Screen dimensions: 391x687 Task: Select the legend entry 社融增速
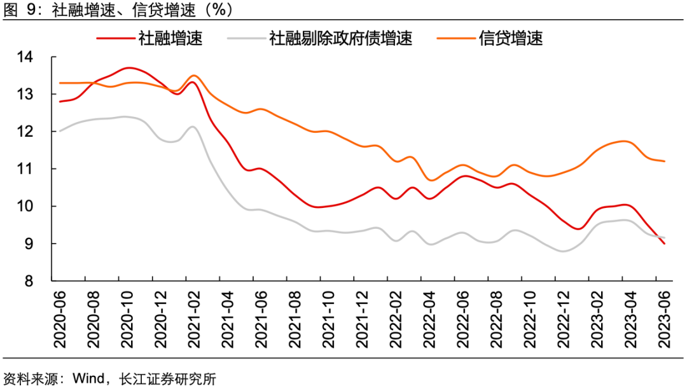point(170,38)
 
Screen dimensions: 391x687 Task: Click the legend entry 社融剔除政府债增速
point(340,38)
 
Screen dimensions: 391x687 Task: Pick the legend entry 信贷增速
point(511,38)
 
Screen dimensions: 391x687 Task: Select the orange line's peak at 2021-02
point(194,76)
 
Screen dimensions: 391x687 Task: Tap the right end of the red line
point(665,244)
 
